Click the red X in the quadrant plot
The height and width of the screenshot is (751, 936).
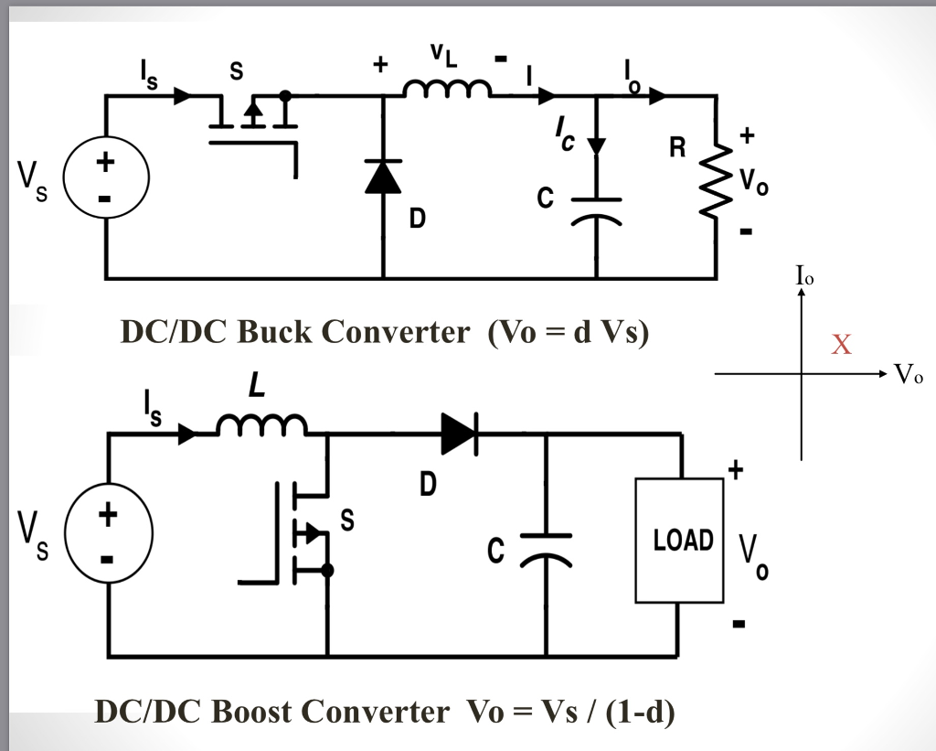[x=841, y=345]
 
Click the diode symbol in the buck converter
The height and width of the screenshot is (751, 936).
[x=383, y=176]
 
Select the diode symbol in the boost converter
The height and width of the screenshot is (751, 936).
[x=459, y=433]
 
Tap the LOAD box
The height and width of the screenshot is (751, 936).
[x=679, y=541]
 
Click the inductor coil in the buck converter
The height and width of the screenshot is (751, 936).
[x=448, y=88]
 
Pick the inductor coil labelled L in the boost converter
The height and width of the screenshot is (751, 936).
[x=261, y=425]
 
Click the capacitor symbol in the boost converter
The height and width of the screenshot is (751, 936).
[x=546, y=547]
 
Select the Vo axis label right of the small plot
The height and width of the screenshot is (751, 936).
[x=909, y=373]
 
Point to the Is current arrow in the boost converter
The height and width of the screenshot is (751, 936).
[x=187, y=435]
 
